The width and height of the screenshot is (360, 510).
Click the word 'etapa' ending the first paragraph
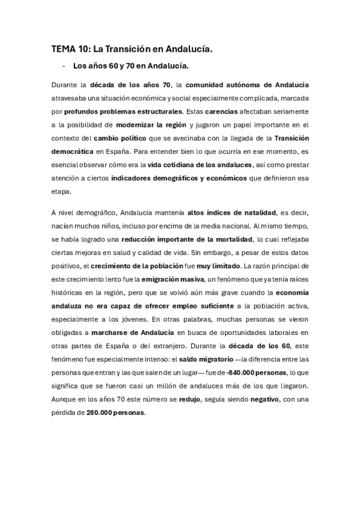tap(61, 192)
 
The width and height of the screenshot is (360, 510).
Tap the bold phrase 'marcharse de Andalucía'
tap(132, 333)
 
